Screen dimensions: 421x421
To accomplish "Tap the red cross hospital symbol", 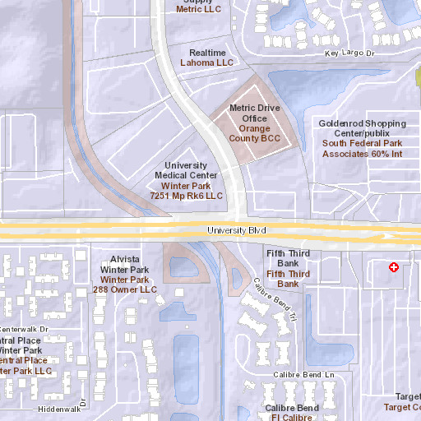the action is tap(394, 268).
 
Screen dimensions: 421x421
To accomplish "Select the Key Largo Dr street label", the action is tap(349, 53).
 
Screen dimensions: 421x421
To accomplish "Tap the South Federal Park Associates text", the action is tap(362, 149).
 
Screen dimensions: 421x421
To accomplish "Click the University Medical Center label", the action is tap(186, 170).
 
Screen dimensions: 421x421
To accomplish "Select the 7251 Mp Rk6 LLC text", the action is tap(187, 197).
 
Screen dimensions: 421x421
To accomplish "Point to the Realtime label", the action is tap(207, 53).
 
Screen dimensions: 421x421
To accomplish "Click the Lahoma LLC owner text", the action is tap(207, 62).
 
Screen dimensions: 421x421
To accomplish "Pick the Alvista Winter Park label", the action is tap(124, 264).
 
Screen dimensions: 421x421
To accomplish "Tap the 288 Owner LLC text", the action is tap(124, 290).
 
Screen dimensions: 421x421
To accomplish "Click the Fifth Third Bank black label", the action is tap(288, 257).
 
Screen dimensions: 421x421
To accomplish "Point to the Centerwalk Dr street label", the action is tap(24, 329).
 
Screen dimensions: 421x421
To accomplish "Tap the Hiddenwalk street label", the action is tap(59, 409).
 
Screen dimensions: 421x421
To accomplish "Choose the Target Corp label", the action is tap(403, 407).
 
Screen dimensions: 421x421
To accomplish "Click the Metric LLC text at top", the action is tap(199, 10).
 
